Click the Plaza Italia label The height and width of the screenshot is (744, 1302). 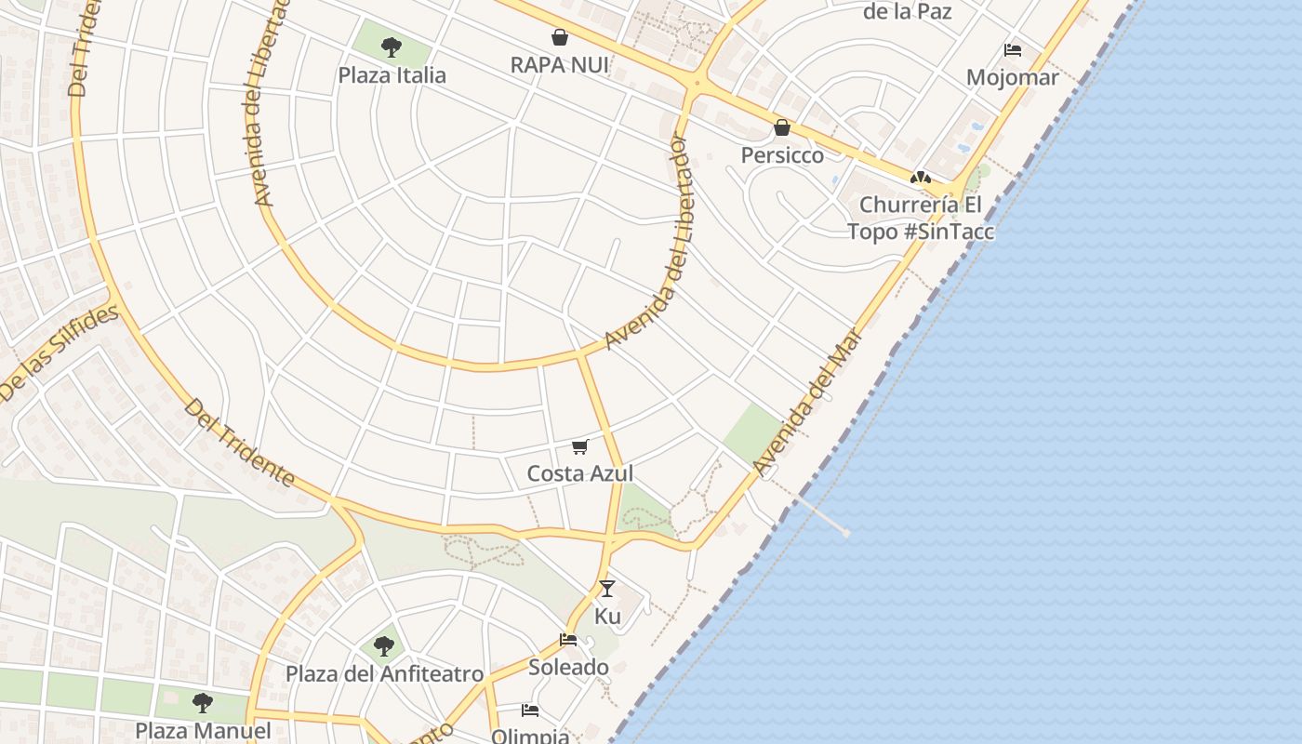392,75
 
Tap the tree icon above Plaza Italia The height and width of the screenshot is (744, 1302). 392,46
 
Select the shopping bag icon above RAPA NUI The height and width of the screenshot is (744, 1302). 560,37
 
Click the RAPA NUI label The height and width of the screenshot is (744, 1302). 560,65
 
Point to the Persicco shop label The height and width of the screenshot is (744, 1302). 782,155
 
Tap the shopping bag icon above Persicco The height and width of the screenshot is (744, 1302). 782,127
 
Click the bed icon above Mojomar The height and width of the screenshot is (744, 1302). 1013,49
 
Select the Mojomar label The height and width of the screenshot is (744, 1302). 1013,77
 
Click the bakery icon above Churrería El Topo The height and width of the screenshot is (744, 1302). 921,177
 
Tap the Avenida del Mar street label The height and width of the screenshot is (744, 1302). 807,400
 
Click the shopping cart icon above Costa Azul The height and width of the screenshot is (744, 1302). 580,447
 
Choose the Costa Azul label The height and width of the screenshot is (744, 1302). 580,473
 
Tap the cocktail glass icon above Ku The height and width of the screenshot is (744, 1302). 607,588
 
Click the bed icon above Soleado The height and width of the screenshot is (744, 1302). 568,640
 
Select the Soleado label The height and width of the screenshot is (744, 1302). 568,667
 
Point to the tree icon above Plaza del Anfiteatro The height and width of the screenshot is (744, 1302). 383,645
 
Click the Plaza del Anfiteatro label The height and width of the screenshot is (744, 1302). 383,673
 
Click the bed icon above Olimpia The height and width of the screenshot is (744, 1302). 530,711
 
